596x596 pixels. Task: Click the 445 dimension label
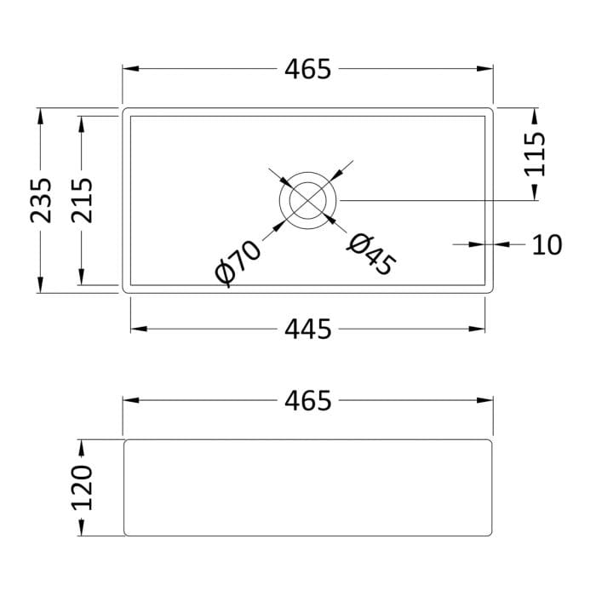pyautogui.click(x=308, y=330)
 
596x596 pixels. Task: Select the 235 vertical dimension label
pyautogui.click(x=41, y=200)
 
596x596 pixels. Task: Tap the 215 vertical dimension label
pyautogui.click(x=82, y=200)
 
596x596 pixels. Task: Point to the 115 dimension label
pyautogui.click(x=535, y=154)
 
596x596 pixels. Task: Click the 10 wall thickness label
pyautogui.click(x=547, y=245)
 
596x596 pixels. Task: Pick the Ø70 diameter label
pyautogui.click(x=238, y=263)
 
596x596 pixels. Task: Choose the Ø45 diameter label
pyautogui.click(x=372, y=254)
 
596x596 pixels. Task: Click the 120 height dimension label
pyautogui.click(x=82, y=488)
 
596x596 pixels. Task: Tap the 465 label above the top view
pyautogui.click(x=308, y=69)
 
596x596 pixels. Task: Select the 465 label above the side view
pyautogui.click(x=308, y=401)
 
